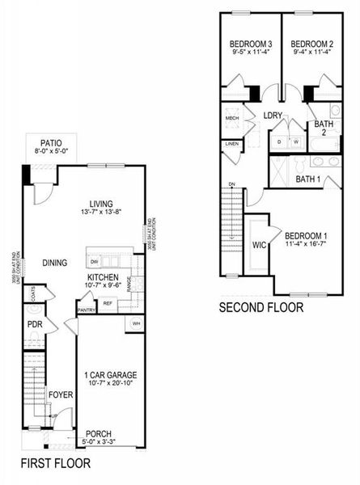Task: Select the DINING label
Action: click(x=54, y=263)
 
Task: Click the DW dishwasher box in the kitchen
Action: click(x=95, y=262)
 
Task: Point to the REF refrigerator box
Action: click(x=108, y=304)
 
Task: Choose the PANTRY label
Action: click(x=87, y=310)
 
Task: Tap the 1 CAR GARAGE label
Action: click(x=110, y=374)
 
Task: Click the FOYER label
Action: click(x=60, y=394)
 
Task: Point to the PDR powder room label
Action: click(x=33, y=324)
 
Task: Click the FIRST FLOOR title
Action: click(x=55, y=463)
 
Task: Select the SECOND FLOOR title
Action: click(x=260, y=307)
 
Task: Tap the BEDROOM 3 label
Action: click(x=250, y=44)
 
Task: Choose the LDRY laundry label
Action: click(x=272, y=116)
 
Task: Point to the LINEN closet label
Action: click(x=231, y=144)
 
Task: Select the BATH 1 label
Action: click(x=307, y=179)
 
